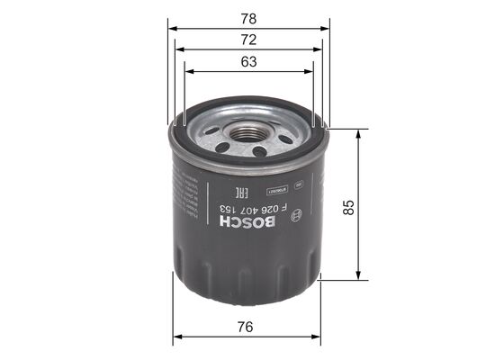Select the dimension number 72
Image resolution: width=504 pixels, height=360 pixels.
coord(249,39)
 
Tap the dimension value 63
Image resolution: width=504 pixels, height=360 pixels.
coord(249,61)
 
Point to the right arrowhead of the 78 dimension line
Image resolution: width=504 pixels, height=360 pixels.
coord(325,28)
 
